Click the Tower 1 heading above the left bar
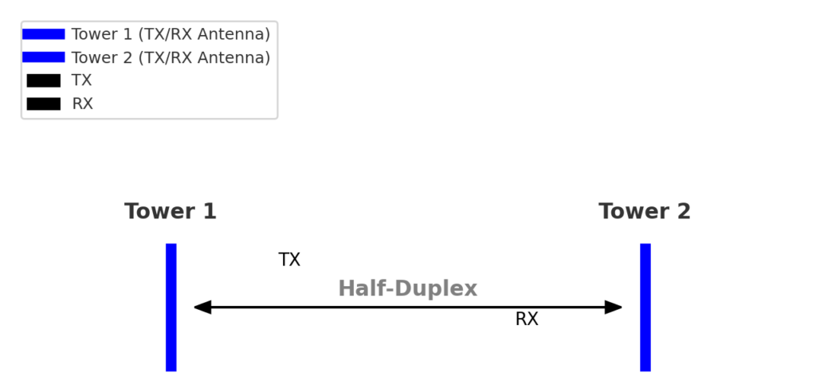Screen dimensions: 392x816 (x=170, y=212)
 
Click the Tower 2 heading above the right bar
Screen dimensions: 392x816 (x=644, y=212)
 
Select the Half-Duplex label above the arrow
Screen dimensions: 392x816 (x=407, y=288)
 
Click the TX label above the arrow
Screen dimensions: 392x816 (x=289, y=260)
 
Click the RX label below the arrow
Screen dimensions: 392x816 (x=527, y=319)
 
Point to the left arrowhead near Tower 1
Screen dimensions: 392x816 (x=202, y=308)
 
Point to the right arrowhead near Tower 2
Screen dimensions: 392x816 (x=614, y=308)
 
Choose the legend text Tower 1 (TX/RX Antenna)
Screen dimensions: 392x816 (x=171, y=34)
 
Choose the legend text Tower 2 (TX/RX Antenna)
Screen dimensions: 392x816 (x=171, y=57)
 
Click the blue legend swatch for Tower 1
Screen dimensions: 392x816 (x=43, y=34)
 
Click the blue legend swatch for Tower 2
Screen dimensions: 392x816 (x=43, y=57)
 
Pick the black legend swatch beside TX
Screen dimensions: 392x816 (x=43, y=80)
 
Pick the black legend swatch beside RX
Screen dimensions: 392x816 (x=43, y=104)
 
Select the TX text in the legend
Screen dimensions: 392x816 (x=81, y=80)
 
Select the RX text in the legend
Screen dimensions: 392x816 (x=82, y=104)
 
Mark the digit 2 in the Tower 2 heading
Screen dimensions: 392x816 (x=683, y=212)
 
